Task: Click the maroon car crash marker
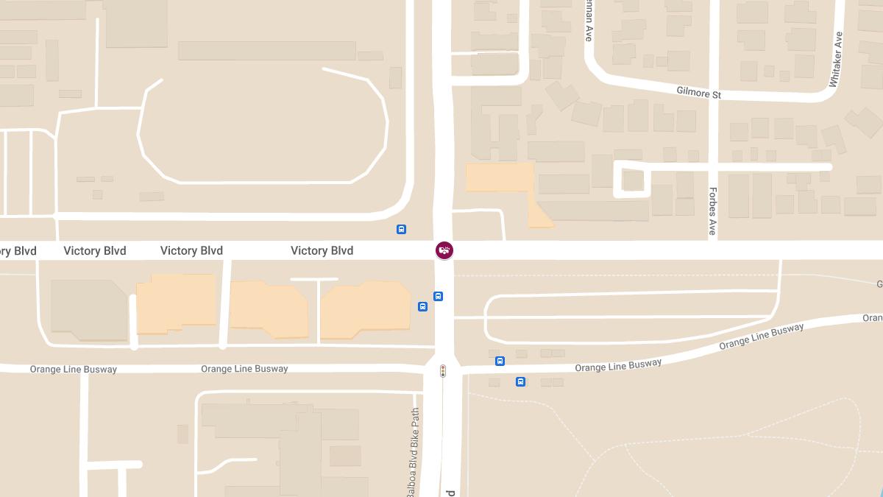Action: click(x=444, y=250)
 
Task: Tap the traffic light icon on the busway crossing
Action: click(x=443, y=371)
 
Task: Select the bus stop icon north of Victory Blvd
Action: click(x=401, y=229)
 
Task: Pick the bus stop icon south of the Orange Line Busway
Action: click(x=520, y=381)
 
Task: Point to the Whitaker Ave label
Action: click(x=836, y=60)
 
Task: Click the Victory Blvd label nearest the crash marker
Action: click(x=322, y=250)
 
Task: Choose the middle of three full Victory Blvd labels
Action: click(x=191, y=250)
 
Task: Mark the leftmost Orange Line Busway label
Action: click(x=73, y=369)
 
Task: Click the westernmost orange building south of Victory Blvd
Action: click(x=177, y=303)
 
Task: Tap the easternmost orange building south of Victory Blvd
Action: click(x=365, y=309)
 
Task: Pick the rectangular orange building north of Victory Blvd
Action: click(x=499, y=178)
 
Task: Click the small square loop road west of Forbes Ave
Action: click(x=632, y=179)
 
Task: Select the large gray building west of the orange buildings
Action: click(x=88, y=309)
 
